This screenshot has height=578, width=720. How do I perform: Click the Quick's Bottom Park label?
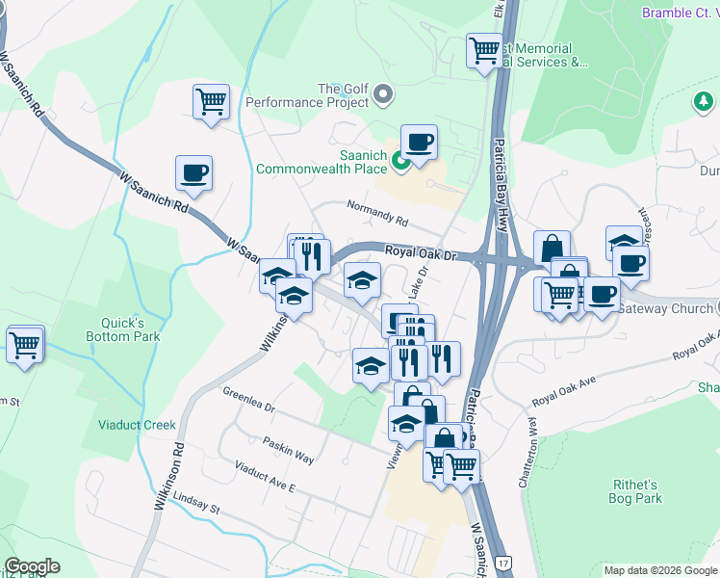[134, 329]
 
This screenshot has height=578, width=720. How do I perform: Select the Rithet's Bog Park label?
[635, 491]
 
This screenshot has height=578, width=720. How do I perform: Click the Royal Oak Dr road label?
[419, 251]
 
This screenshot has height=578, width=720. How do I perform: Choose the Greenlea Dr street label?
[249, 401]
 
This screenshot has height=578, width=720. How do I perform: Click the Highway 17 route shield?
[501, 561]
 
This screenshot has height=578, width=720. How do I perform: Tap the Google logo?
[32, 566]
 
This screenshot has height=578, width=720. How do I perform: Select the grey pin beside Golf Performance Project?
[384, 94]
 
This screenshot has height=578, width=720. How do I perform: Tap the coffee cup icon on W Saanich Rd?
[193, 173]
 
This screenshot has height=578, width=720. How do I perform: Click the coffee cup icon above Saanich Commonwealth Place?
[419, 144]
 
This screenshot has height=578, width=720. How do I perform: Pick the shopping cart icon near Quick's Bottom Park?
[25, 344]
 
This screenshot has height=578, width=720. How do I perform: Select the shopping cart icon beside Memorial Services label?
[484, 49]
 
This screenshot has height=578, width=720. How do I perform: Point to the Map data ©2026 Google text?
[659, 570]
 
